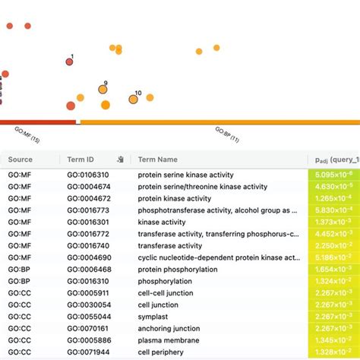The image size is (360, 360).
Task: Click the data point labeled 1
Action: pos(70,62)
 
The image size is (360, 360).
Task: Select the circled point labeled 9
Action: pos(103,90)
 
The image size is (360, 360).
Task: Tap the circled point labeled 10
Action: pos(133,99)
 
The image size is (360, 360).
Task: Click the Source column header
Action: pos(21,159)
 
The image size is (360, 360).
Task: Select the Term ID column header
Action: pos(81,159)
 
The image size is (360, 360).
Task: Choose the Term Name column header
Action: pos(157,159)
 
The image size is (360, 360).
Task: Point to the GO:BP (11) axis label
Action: pos(226,134)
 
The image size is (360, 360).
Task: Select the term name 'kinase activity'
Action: pos(162,223)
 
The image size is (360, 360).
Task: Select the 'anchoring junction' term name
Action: pos(169,329)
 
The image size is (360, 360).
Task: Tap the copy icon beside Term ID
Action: pos(120,159)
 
